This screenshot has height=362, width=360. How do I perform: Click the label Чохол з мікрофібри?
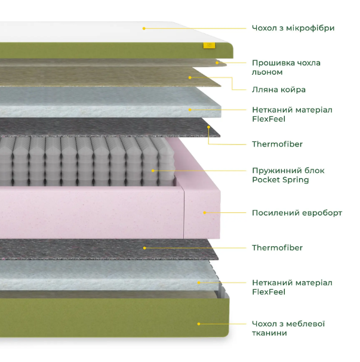coord(293,28)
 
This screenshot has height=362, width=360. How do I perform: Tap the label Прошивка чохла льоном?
coord(286,67)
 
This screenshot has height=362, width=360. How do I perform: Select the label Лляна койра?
coord(279,89)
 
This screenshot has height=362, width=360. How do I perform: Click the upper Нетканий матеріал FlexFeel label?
coord(292,115)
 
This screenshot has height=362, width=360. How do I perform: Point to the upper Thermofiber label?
coord(277,144)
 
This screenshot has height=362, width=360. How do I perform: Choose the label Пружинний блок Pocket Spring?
coord(288,175)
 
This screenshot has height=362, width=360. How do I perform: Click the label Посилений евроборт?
coord(297,213)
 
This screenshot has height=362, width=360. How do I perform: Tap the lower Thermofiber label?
coord(277,247)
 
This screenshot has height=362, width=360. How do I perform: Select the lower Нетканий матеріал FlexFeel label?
coord(292,287)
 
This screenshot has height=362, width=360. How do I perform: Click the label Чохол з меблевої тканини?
coord(288,328)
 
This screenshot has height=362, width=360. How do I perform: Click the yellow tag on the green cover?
coord(209,45)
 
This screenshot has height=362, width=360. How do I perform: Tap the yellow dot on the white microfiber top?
coord(144,29)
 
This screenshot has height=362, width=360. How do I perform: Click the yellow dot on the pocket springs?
coord(153,171)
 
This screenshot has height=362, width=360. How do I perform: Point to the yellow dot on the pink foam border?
coord(205,213)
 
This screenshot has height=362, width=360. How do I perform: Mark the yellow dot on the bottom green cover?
coord(198,324)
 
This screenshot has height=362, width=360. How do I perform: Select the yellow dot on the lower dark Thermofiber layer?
coord(144,248)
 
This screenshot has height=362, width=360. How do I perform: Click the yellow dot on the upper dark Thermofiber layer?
coord(208,127)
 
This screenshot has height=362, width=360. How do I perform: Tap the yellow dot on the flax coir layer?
coord(190,78)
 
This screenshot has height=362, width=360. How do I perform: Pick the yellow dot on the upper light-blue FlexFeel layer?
coord(190,110)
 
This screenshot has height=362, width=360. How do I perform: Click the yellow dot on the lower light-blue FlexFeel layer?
coord(198,283)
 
